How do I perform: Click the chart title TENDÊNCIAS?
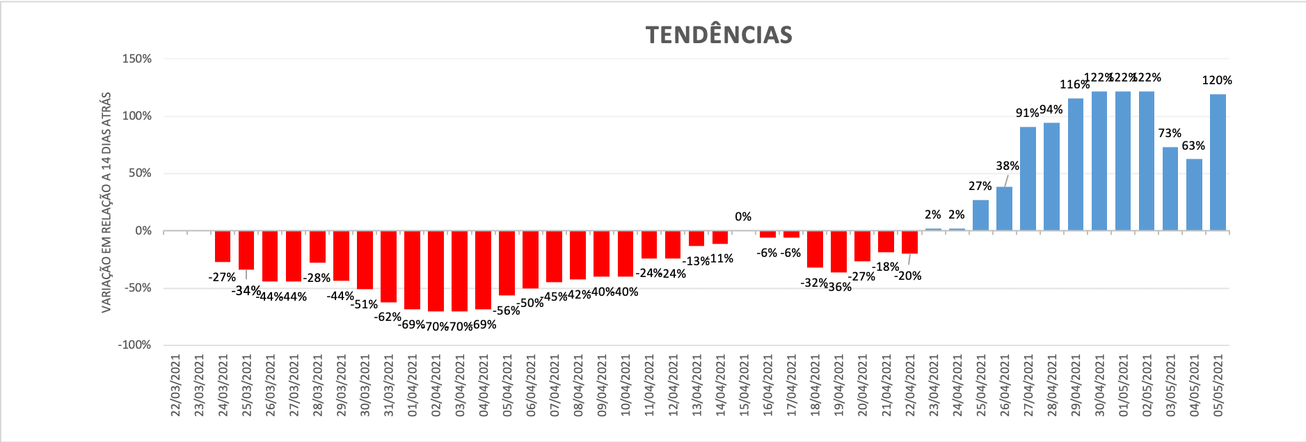[719, 35]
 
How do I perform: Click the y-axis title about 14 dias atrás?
[106, 202]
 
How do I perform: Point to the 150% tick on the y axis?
[137, 59]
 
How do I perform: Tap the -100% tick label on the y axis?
[134, 345]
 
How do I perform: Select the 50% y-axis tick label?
[140, 173]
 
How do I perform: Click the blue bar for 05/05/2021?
[1218, 162]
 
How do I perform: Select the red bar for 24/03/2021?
[223, 246]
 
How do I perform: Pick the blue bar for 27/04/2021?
[1028, 178]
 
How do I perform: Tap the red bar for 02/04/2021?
[436, 271]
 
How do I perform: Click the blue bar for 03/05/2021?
[1170, 189]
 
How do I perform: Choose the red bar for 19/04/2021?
[838, 251]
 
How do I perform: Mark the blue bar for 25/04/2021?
[980, 215]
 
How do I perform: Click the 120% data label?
[1217, 81]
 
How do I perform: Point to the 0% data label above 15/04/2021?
[743, 217]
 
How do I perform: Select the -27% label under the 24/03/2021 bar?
[222, 278]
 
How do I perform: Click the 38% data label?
[1008, 166]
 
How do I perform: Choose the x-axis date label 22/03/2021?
[175, 386]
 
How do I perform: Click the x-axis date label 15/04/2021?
[744, 386]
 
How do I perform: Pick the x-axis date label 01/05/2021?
[1123, 386]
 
